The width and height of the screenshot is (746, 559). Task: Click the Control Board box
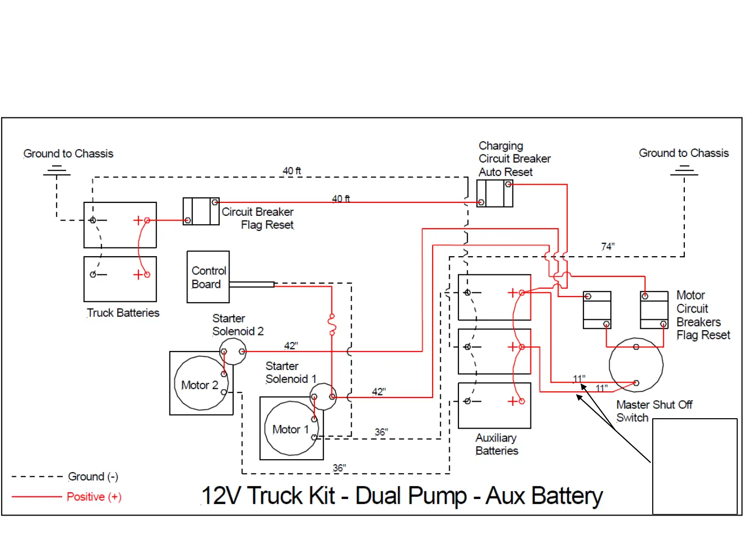click(208, 277)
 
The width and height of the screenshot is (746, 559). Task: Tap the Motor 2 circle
click(200, 384)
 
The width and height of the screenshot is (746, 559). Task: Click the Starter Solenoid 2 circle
click(233, 352)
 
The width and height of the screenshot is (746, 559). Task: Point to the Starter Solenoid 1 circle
click(323, 397)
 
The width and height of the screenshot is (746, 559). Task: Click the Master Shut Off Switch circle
click(636, 365)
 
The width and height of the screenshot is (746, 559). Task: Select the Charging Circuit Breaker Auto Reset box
click(495, 194)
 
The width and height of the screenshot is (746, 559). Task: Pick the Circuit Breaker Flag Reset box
click(201, 211)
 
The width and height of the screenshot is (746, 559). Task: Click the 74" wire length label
click(608, 246)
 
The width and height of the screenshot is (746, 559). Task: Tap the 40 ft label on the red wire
click(341, 199)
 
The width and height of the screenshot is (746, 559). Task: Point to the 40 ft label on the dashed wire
click(292, 171)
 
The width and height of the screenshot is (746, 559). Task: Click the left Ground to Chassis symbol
click(56, 170)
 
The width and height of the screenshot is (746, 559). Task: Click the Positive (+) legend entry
click(94, 497)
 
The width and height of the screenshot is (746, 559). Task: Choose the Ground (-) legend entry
click(93, 477)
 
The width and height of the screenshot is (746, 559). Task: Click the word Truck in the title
click(291, 496)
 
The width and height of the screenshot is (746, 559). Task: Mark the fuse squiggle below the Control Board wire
click(332, 323)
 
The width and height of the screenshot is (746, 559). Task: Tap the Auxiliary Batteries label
click(496, 445)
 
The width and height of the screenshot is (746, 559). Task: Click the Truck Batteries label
click(123, 313)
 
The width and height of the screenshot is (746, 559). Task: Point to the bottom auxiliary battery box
click(494, 406)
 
